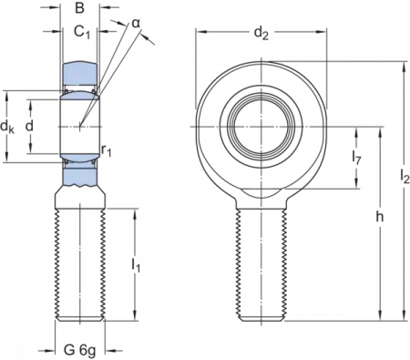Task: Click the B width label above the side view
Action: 80,7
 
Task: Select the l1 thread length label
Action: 135,268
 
